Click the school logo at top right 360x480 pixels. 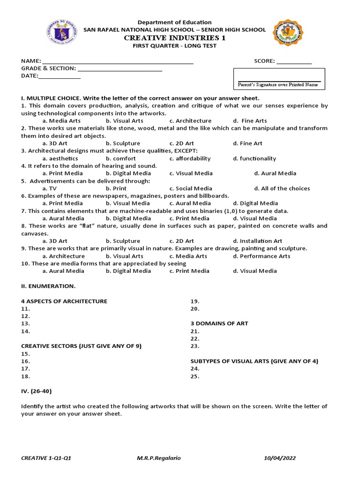(288, 34)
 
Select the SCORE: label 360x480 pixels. (264, 61)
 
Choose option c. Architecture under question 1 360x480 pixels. (190, 120)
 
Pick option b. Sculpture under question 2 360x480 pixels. (123, 143)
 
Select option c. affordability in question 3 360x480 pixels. (190, 158)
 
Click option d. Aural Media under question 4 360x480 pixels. (275, 173)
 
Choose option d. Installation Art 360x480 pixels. (257, 241)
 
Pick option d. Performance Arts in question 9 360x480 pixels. (262, 256)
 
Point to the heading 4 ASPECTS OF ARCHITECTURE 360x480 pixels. (64, 301)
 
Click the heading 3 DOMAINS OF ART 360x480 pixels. (219, 323)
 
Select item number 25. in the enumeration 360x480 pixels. (195, 376)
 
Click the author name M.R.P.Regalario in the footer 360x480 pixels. (155, 458)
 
